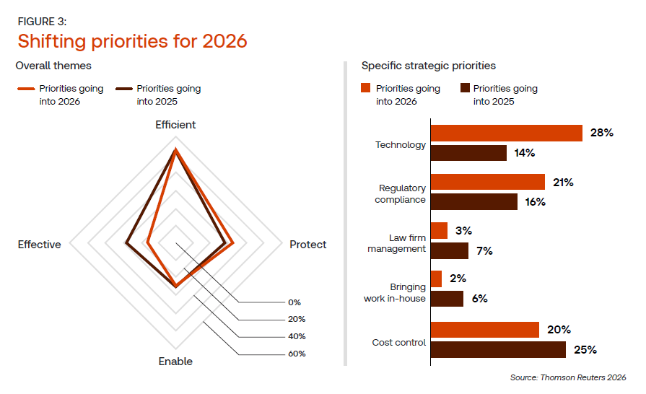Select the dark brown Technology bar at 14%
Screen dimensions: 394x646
click(x=469, y=153)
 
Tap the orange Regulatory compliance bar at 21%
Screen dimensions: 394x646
click(x=488, y=182)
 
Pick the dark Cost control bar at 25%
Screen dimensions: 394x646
click(x=498, y=350)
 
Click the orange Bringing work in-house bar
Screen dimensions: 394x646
click(x=437, y=279)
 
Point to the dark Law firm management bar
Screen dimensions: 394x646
click(x=450, y=250)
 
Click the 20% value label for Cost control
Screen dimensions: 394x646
click(x=559, y=330)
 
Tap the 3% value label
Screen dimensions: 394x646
click(x=463, y=231)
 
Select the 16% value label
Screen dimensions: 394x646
click(x=535, y=202)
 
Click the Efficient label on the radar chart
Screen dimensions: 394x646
click(x=175, y=125)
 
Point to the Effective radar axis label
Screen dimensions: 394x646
click(x=40, y=245)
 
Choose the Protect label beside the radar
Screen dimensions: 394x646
click(x=308, y=245)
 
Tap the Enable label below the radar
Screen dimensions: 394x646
click(x=175, y=361)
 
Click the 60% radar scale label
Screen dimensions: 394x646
click(x=297, y=354)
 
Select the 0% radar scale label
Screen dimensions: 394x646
click(x=294, y=302)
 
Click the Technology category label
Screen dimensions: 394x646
click(x=401, y=145)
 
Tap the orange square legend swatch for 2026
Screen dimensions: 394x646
click(x=366, y=89)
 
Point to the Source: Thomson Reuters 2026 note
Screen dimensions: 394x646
click(x=567, y=377)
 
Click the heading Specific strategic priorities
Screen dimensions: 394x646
click(x=428, y=66)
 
